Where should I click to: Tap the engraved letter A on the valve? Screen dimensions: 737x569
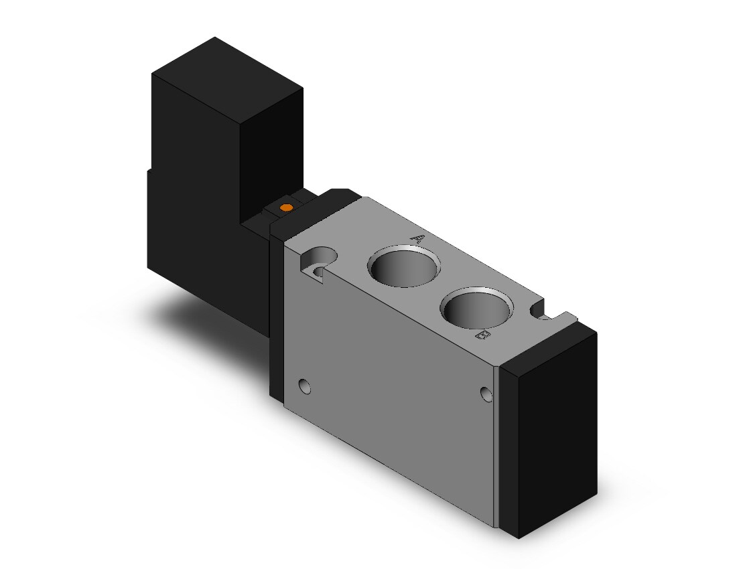click(x=417, y=239)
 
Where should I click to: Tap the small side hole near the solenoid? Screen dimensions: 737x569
click(x=305, y=386)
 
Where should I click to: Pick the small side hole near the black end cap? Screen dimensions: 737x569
click(x=486, y=394)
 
